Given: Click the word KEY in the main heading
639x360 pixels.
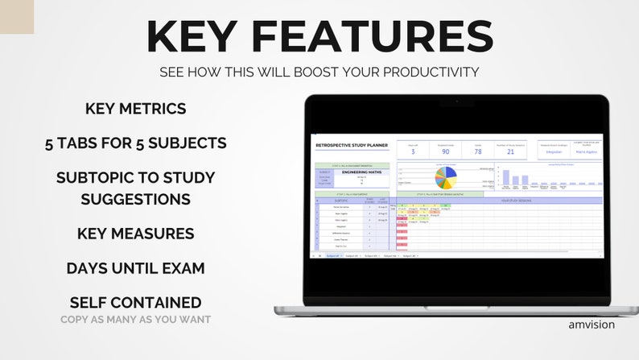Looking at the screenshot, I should click(x=202, y=38).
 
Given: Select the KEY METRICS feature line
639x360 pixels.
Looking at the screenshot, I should click(x=135, y=109).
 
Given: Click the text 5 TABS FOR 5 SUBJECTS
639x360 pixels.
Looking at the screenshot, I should click(x=135, y=143).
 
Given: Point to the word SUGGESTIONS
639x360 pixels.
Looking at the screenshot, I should click(x=135, y=198).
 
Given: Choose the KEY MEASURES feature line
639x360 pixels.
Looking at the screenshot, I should click(x=135, y=234).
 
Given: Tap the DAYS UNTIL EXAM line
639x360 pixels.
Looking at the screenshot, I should click(x=135, y=268).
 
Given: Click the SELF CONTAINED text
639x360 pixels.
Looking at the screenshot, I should click(x=135, y=303).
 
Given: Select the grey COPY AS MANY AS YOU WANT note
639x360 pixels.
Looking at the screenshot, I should click(x=135, y=320).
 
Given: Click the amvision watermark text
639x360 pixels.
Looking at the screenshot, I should click(x=591, y=325).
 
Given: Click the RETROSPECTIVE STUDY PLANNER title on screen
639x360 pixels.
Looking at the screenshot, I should click(x=351, y=146).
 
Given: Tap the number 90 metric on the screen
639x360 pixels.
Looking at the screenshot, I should click(x=445, y=151).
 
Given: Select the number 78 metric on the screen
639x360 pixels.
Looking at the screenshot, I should click(x=477, y=151).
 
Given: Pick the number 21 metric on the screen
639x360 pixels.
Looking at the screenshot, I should click(x=509, y=151).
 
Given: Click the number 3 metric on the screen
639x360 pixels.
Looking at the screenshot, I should click(x=413, y=151).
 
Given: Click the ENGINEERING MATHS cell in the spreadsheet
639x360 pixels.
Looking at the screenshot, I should click(x=360, y=172).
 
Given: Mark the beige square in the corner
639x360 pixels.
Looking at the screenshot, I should click(x=16, y=16).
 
